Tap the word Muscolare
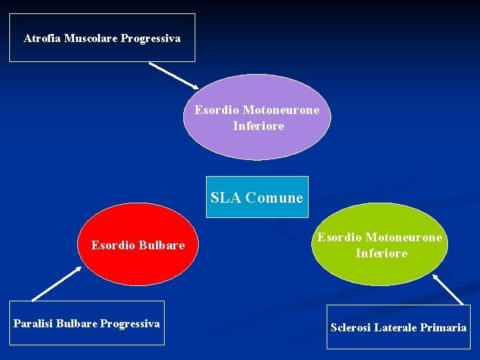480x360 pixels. coord(91,39)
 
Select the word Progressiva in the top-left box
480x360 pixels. coord(151,39)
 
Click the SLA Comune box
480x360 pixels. coord(257,197)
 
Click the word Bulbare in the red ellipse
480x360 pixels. coord(162,246)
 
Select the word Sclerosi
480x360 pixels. coord(351,327)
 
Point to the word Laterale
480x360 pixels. coord(395,327)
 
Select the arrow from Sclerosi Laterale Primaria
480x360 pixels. coord(448,289)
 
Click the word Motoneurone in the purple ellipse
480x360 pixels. coord(281,110)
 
